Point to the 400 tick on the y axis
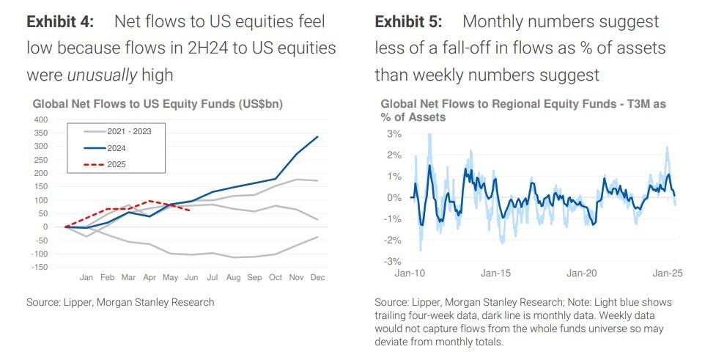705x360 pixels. [x=40, y=120]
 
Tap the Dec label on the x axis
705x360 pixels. [x=317, y=278]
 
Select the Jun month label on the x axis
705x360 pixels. [x=191, y=278]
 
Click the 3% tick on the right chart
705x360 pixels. [x=393, y=134]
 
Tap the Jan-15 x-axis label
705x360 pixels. [x=495, y=273]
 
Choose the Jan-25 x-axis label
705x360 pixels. [x=668, y=273]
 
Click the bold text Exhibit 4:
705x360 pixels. [x=60, y=22]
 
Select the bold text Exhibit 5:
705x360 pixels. [x=408, y=22]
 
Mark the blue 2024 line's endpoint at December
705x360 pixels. [x=318, y=136]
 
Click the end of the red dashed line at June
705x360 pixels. [x=191, y=210]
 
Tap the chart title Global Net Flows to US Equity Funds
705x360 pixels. [x=157, y=105]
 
